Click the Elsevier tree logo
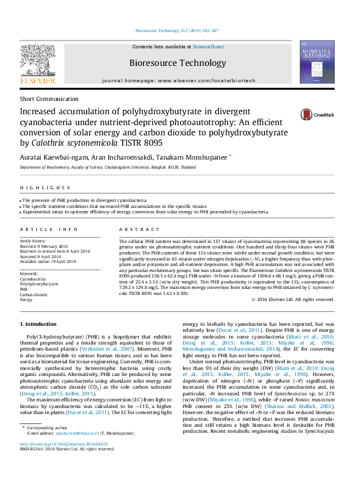pyautogui.click(x=38, y=60)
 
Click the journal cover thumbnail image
pyautogui.click(x=318, y=62)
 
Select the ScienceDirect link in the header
pyautogui.click(x=208, y=47)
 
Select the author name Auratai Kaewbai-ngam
pyautogui.click(x=50, y=157)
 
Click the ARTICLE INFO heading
pyautogui.click(x=49, y=230)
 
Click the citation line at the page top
pyautogui.click(x=177, y=30)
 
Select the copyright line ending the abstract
pyautogui.click(x=292, y=299)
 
